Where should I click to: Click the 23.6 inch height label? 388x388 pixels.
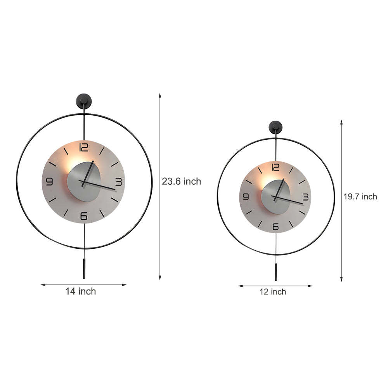182,181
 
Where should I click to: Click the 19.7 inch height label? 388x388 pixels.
360,197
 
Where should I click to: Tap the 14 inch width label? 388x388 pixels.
80,291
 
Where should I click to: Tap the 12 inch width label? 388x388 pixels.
273,292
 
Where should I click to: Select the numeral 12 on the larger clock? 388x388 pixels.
83,147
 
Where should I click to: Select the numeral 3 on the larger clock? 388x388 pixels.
118,182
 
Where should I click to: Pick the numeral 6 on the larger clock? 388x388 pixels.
84,216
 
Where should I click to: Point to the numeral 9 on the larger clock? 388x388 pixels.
49,182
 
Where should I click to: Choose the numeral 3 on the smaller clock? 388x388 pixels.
305,197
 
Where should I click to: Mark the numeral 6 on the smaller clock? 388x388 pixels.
275,227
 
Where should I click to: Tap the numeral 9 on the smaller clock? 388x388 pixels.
246,197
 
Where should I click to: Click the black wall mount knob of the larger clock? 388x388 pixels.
83,101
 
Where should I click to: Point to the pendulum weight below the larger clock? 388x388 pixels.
84,269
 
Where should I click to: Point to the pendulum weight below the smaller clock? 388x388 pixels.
276,272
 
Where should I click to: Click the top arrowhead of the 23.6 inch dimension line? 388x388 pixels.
159,95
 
